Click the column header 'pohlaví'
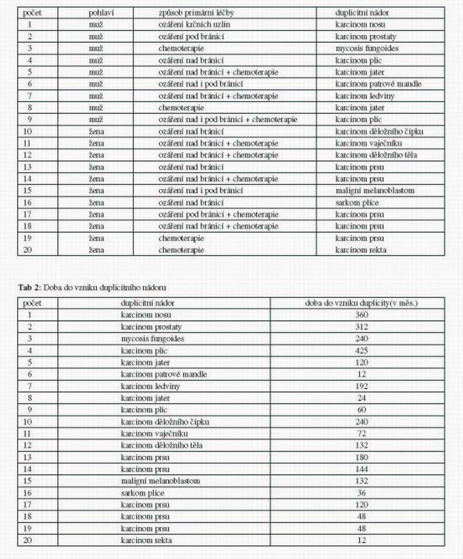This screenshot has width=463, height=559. [x=101, y=13]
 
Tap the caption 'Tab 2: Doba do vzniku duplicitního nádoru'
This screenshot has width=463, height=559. [x=95, y=288]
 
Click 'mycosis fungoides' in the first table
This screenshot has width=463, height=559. [x=366, y=49]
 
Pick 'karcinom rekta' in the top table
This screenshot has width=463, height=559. [x=361, y=250]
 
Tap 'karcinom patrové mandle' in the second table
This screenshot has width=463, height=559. [x=164, y=374]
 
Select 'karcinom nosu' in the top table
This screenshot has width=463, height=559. [x=360, y=25]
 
